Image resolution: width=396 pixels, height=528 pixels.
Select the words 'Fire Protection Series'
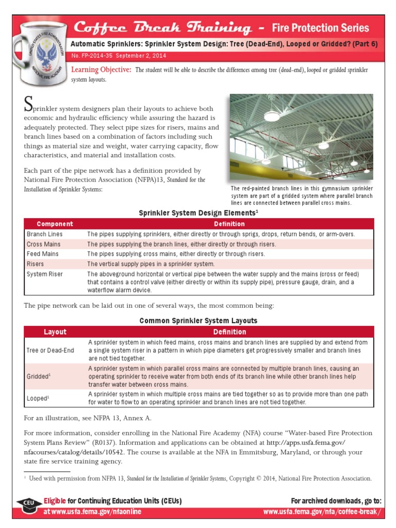coord(320,28)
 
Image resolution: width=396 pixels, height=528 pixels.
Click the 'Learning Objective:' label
coord(101,70)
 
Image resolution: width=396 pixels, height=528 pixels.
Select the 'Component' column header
coord(55,224)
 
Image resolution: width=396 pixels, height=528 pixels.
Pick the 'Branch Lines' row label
coord(45,234)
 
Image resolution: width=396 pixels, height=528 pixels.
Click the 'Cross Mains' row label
coord(43,244)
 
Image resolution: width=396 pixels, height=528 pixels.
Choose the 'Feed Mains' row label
coord(42,254)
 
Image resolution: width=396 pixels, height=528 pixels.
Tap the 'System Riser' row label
coord(44,274)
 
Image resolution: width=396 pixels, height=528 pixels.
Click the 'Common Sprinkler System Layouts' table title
coord(198,321)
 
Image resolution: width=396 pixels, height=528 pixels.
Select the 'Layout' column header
coord(55,332)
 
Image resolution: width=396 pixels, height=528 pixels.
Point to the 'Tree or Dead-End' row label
coord(50,350)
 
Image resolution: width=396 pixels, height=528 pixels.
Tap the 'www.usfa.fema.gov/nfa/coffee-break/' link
coord(322,511)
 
